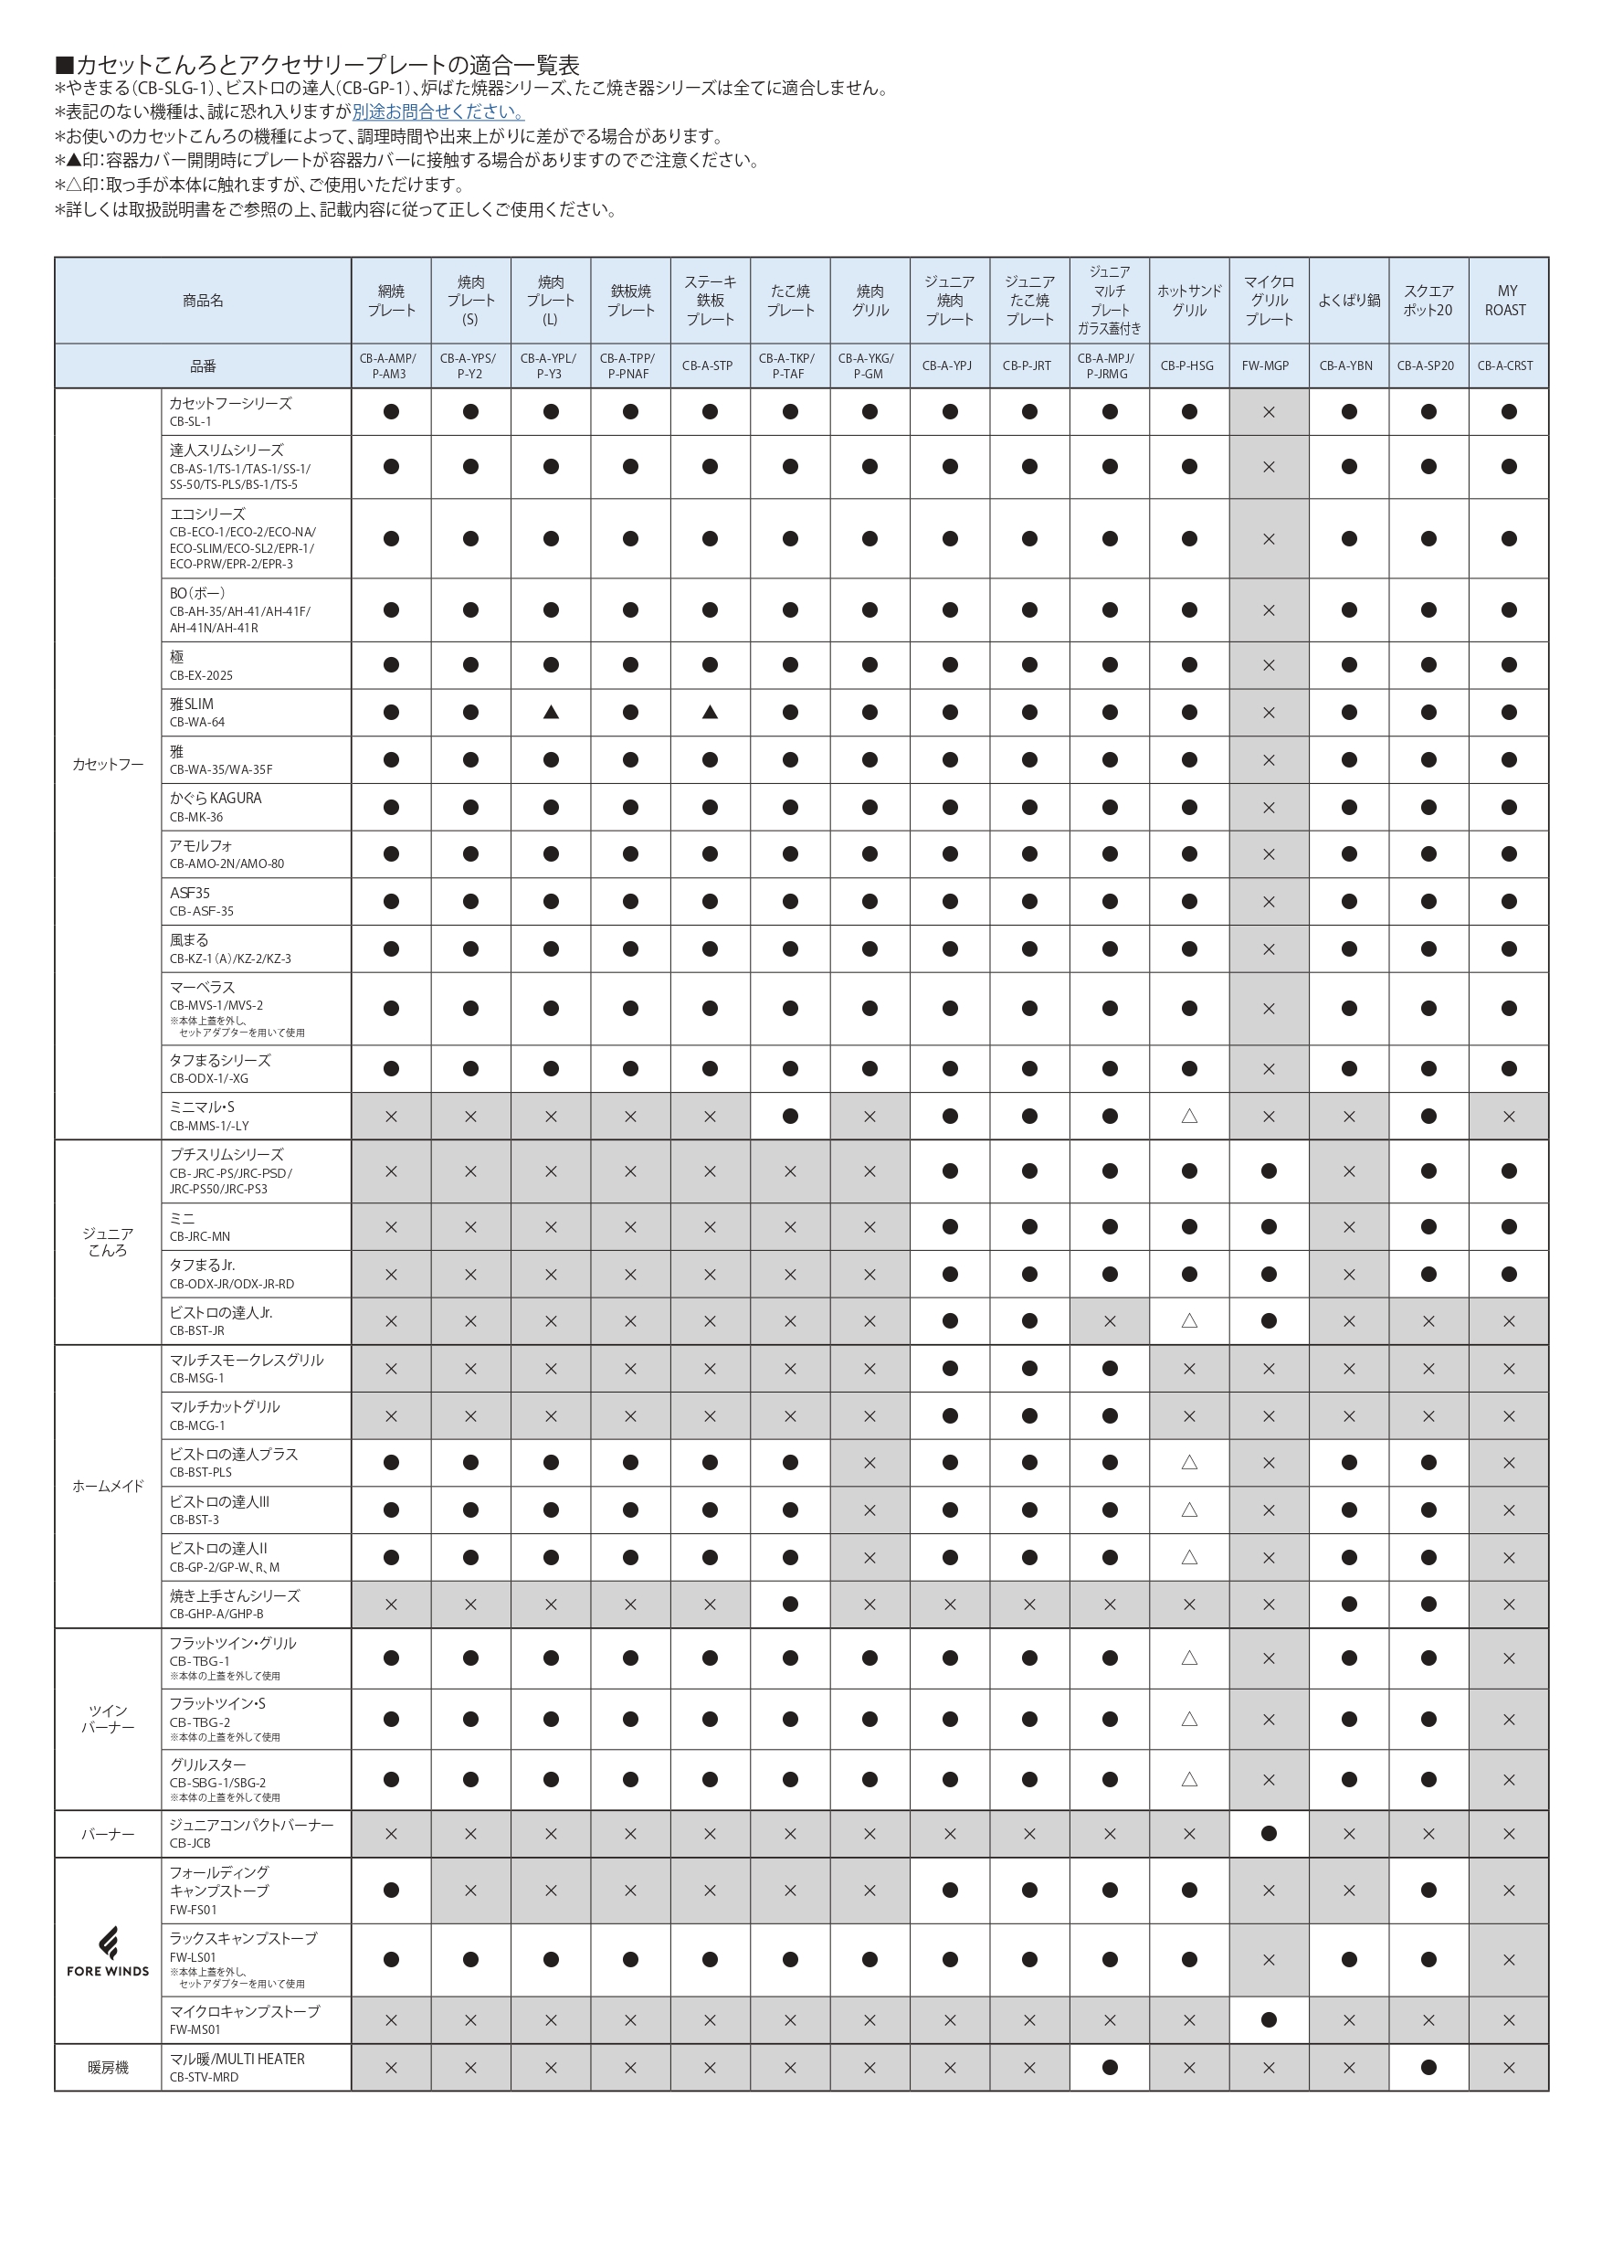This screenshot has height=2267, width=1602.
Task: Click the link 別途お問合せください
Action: coord(438,112)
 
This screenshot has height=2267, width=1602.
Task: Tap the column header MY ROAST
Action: coord(1506,300)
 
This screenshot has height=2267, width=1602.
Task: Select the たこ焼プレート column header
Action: coord(790,300)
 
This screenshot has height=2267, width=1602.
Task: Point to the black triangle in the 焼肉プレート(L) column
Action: coord(551,712)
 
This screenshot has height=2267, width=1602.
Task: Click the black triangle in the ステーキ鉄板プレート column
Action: coord(710,712)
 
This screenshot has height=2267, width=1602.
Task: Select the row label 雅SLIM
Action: coord(193,704)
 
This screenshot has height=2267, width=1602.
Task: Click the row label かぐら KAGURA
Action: coord(216,798)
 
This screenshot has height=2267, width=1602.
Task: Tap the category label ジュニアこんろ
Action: coord(108,1241)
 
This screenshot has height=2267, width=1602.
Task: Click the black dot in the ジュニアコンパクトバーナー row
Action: coord(1269,1834)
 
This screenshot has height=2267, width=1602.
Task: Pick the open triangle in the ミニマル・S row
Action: coord(1189,1116)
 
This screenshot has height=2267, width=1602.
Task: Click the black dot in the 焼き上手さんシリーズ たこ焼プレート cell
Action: coord(790,1605)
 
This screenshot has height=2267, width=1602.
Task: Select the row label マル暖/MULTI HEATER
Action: coord(237,2059)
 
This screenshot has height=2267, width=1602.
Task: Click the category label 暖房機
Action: coord(108,2067)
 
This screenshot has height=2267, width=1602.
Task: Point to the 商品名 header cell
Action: coord(203,300)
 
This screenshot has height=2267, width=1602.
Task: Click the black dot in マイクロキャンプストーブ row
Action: coord(1269,2019)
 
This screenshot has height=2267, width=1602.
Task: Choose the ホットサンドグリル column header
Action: coord(1189,300)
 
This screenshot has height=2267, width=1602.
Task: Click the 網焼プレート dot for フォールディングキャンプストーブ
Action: coord(391,1890)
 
